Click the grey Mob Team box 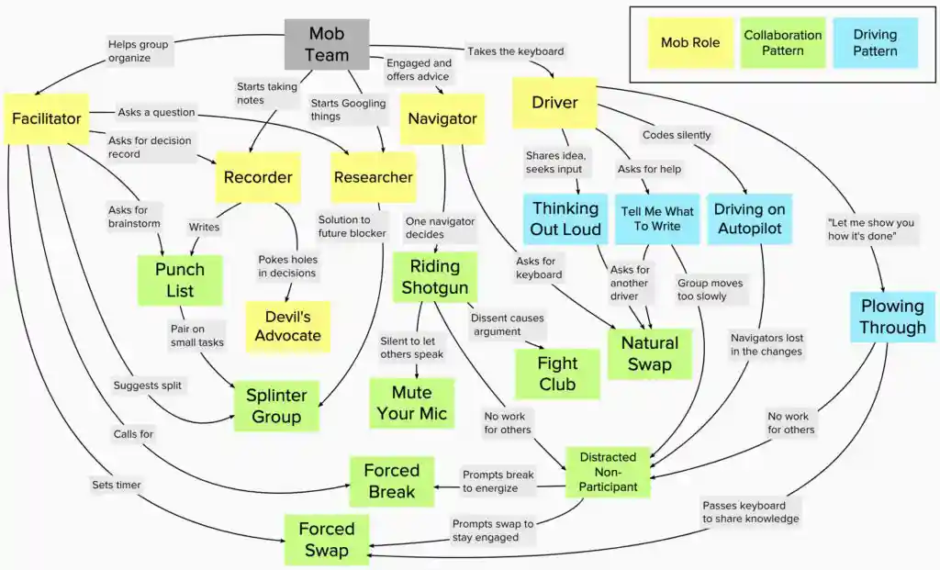coord(327,44)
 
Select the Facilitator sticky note coord(47,118)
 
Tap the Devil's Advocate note coord(287,326)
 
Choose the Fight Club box coord(557,374)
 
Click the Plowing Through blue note coord(892,317)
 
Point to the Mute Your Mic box coord(412,403)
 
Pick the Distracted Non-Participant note coord(608,472)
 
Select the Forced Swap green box coord(326,539)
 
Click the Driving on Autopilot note coord(750,218)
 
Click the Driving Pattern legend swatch coord(875,42)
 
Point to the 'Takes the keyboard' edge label coord(515,50)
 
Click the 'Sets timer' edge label coord(116,483)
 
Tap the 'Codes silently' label coord(677,135)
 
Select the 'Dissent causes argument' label coord(508,325)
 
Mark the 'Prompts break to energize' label coord(498,481)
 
